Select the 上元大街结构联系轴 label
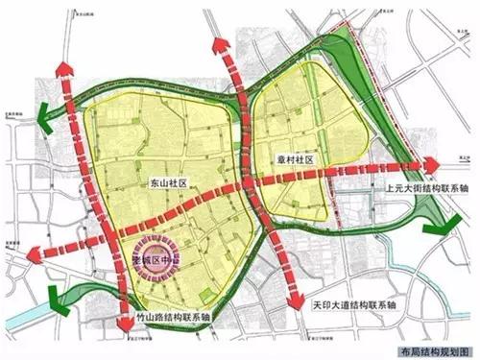click(x=419, y=188)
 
